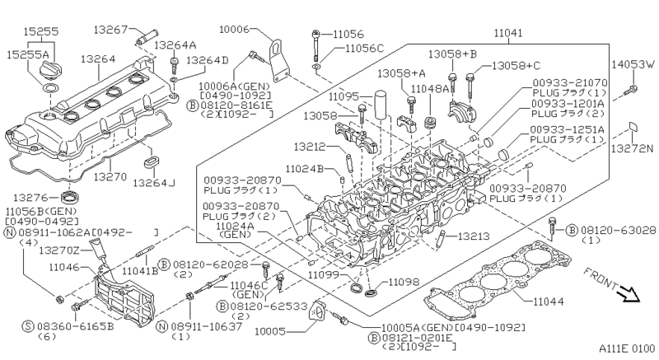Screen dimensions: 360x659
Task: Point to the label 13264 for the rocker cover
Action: coord(97,60)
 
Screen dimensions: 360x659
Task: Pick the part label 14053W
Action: coord(633,63)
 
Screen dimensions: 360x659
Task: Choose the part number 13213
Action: coord(474,236)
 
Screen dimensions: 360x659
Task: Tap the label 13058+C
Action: coord(516,65)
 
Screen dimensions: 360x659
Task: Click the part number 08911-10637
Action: coord(200,327)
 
